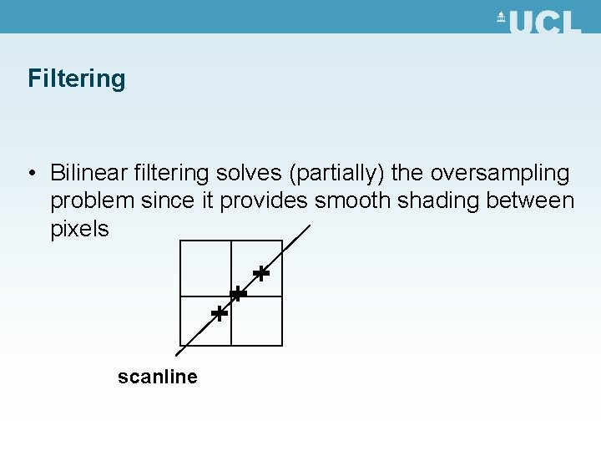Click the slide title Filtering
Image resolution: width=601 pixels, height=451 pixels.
point(77,79)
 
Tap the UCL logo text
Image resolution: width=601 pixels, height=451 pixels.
point(545,23)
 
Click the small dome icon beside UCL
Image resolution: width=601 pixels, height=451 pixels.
point(502,18)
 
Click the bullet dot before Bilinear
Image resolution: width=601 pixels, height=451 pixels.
point(30,174)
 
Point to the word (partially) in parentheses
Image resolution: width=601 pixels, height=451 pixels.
point(336,173)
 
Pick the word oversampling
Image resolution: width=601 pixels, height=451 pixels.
point(500,173)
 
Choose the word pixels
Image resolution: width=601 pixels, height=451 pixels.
point(79,229)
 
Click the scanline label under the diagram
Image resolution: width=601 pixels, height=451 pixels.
point(158,377)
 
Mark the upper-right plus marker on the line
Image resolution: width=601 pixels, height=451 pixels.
point(261,273)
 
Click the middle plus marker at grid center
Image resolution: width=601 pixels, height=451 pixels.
point(238,294)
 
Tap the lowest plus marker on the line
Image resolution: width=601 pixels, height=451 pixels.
point(219,314)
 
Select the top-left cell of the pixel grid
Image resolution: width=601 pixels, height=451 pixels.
point(205,268)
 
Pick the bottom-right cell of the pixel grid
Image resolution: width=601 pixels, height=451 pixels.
point(257,321)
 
